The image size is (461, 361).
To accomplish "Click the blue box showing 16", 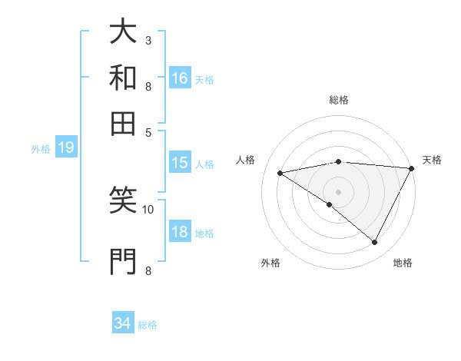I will [180, 78].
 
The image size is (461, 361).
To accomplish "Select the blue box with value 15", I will [180, 163].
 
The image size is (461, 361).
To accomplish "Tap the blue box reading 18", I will [180, 233].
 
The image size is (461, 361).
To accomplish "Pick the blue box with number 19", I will [66, 148].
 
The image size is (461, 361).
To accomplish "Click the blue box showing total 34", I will [123, 324].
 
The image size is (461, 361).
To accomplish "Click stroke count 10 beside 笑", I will [148, 208].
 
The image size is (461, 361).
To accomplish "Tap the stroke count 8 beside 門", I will [148, 270].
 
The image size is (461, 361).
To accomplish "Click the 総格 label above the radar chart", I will [339, 100].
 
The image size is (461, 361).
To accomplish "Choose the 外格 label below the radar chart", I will [270, 263].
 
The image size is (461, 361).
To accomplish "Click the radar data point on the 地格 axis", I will [375, 243].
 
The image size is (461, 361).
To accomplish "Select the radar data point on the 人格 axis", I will [280, 173].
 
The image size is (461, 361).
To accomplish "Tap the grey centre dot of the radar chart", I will [338, 191].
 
